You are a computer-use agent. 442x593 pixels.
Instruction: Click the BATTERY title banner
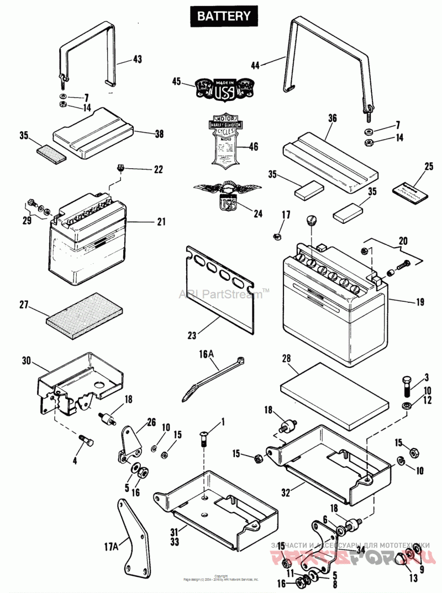click(x=223, y=16)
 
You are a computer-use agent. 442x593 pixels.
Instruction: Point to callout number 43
click(x=138, y=60)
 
